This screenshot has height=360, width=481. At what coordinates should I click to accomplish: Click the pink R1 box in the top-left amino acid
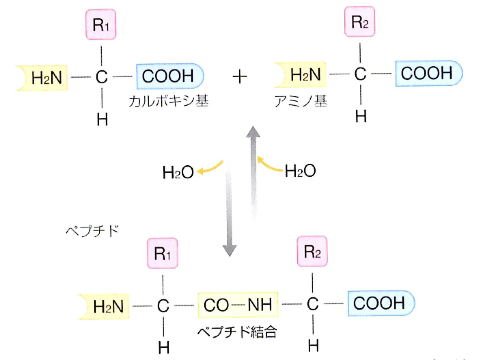[101, 24]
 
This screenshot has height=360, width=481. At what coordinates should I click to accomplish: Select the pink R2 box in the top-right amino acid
[360, 22]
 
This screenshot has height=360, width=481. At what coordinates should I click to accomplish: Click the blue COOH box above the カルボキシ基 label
[169, 76]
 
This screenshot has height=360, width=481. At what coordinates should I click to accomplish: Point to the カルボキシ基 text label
[169, 101]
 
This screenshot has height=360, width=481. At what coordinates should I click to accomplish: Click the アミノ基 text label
[300, 101]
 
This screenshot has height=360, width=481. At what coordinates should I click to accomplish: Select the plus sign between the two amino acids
[239, 77]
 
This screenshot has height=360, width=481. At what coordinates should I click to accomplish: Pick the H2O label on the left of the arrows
[178, 172]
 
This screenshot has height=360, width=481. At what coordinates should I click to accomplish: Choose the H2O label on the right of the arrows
[300, 171]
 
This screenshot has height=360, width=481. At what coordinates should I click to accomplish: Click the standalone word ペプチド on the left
[93, 231]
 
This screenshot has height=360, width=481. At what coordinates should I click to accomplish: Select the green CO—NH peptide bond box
[238, 305]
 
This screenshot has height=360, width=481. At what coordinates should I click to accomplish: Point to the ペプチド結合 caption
[237, 332]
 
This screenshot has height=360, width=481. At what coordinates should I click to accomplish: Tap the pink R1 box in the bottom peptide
[162, 253]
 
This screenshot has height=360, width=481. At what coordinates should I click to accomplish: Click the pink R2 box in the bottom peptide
[312, 251]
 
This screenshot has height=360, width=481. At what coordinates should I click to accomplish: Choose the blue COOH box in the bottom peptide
[380, 303]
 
